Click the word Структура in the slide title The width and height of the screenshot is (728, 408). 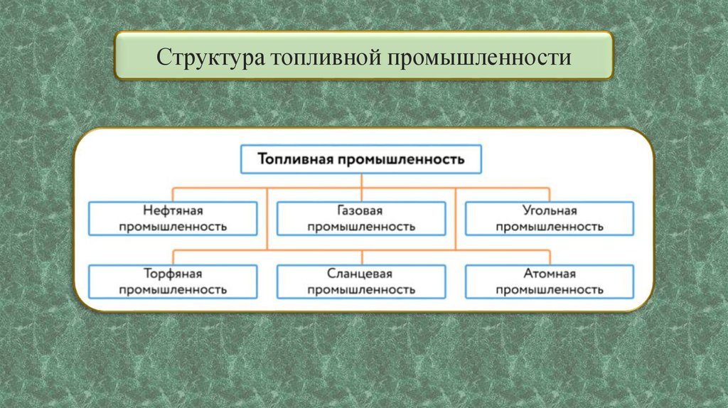(210, 56)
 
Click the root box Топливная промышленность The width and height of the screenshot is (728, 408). (361, 159)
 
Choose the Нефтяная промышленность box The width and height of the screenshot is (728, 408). (173, 218)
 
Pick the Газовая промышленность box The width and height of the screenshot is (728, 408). (361, 218)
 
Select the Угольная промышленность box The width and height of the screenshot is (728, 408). (550, 218)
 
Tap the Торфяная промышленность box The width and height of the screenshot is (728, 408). (173, 281)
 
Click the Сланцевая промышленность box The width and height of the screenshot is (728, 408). (361, 281)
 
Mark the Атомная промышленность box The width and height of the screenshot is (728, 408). (550, 281)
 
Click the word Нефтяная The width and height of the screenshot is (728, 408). (173, 211)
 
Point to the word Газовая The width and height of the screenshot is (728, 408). (361, 211)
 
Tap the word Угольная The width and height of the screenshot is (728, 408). (550, 211)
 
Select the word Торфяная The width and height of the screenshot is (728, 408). (173, 274)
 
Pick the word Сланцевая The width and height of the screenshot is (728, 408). (361, 274)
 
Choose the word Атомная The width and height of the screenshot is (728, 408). (550, 274)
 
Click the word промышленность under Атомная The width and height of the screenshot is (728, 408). (550, 290)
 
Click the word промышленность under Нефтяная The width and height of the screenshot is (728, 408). (173, 227)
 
